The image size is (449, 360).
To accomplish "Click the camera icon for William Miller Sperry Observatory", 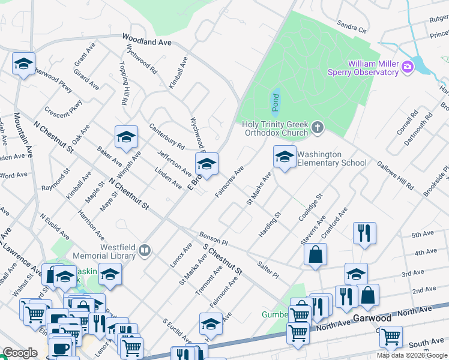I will point(408,66).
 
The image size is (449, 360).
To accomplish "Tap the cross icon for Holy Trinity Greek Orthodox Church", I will point(318,128).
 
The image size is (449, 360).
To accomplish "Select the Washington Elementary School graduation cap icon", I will point(285,157).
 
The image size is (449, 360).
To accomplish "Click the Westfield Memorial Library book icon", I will point(144,250).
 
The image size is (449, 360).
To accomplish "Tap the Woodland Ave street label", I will point(147,40).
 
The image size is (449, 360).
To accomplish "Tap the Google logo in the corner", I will point(20,352).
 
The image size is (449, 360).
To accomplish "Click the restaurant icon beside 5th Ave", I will point(364,232).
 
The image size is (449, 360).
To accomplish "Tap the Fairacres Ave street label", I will point(229,180).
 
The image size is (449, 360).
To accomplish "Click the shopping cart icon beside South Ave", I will point(391,338).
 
